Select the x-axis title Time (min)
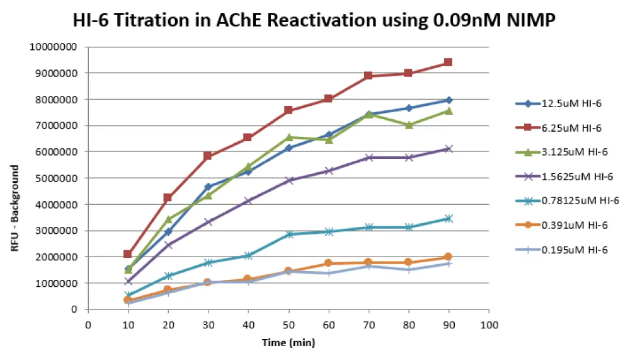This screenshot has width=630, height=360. point(288,344)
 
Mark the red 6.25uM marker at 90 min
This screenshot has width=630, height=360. point(448,62)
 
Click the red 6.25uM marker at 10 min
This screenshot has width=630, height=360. point(128,254)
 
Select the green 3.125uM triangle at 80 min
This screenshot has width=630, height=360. point(408,125)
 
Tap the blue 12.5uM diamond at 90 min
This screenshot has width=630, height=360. point(448,100)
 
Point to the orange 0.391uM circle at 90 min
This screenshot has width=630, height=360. point(448,257)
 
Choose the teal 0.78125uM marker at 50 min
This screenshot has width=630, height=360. point(288,235)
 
